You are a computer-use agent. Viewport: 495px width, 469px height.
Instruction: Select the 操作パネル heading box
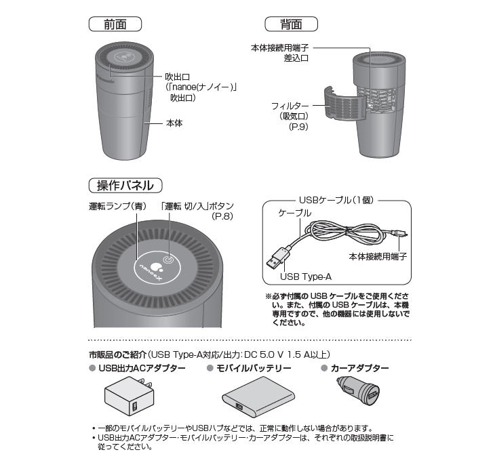[125, 184]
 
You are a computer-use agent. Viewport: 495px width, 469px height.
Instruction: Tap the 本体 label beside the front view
[174, 124]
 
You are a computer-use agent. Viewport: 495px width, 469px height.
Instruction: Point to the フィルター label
[290, 106]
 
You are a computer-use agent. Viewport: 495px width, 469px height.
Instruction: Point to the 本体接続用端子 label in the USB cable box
[382, 257]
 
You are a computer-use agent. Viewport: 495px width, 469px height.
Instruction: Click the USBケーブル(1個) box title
[336, 201]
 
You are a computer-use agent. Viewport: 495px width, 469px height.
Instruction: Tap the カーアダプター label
[359, 369]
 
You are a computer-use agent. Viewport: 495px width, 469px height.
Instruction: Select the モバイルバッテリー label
[254, 369]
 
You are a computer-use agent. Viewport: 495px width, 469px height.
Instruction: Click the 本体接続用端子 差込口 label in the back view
[280, 54]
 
